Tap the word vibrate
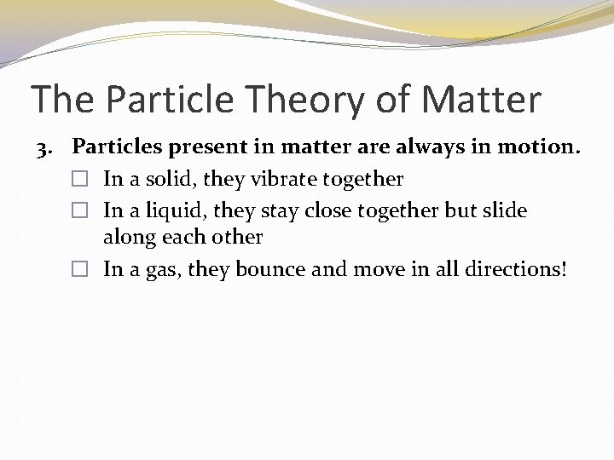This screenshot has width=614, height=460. point(285,179)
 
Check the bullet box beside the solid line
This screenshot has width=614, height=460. point(80,180)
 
